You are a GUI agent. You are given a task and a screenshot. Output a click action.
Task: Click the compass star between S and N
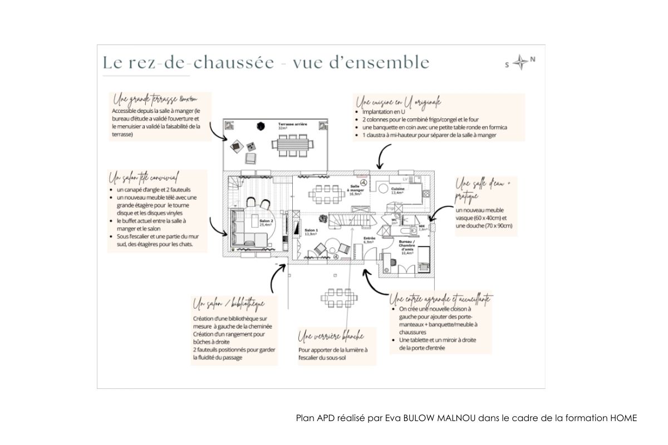click(x=520, y=63)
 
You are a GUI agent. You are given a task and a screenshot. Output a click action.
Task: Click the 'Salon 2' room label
click(x=266, y=222)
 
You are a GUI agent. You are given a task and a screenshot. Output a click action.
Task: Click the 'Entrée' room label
click(x=368, y=240)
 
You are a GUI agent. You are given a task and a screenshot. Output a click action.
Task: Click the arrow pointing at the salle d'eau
click(x=440, y=214)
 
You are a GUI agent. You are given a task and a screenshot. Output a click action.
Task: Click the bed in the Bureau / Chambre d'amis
click(x=423, y=256)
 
